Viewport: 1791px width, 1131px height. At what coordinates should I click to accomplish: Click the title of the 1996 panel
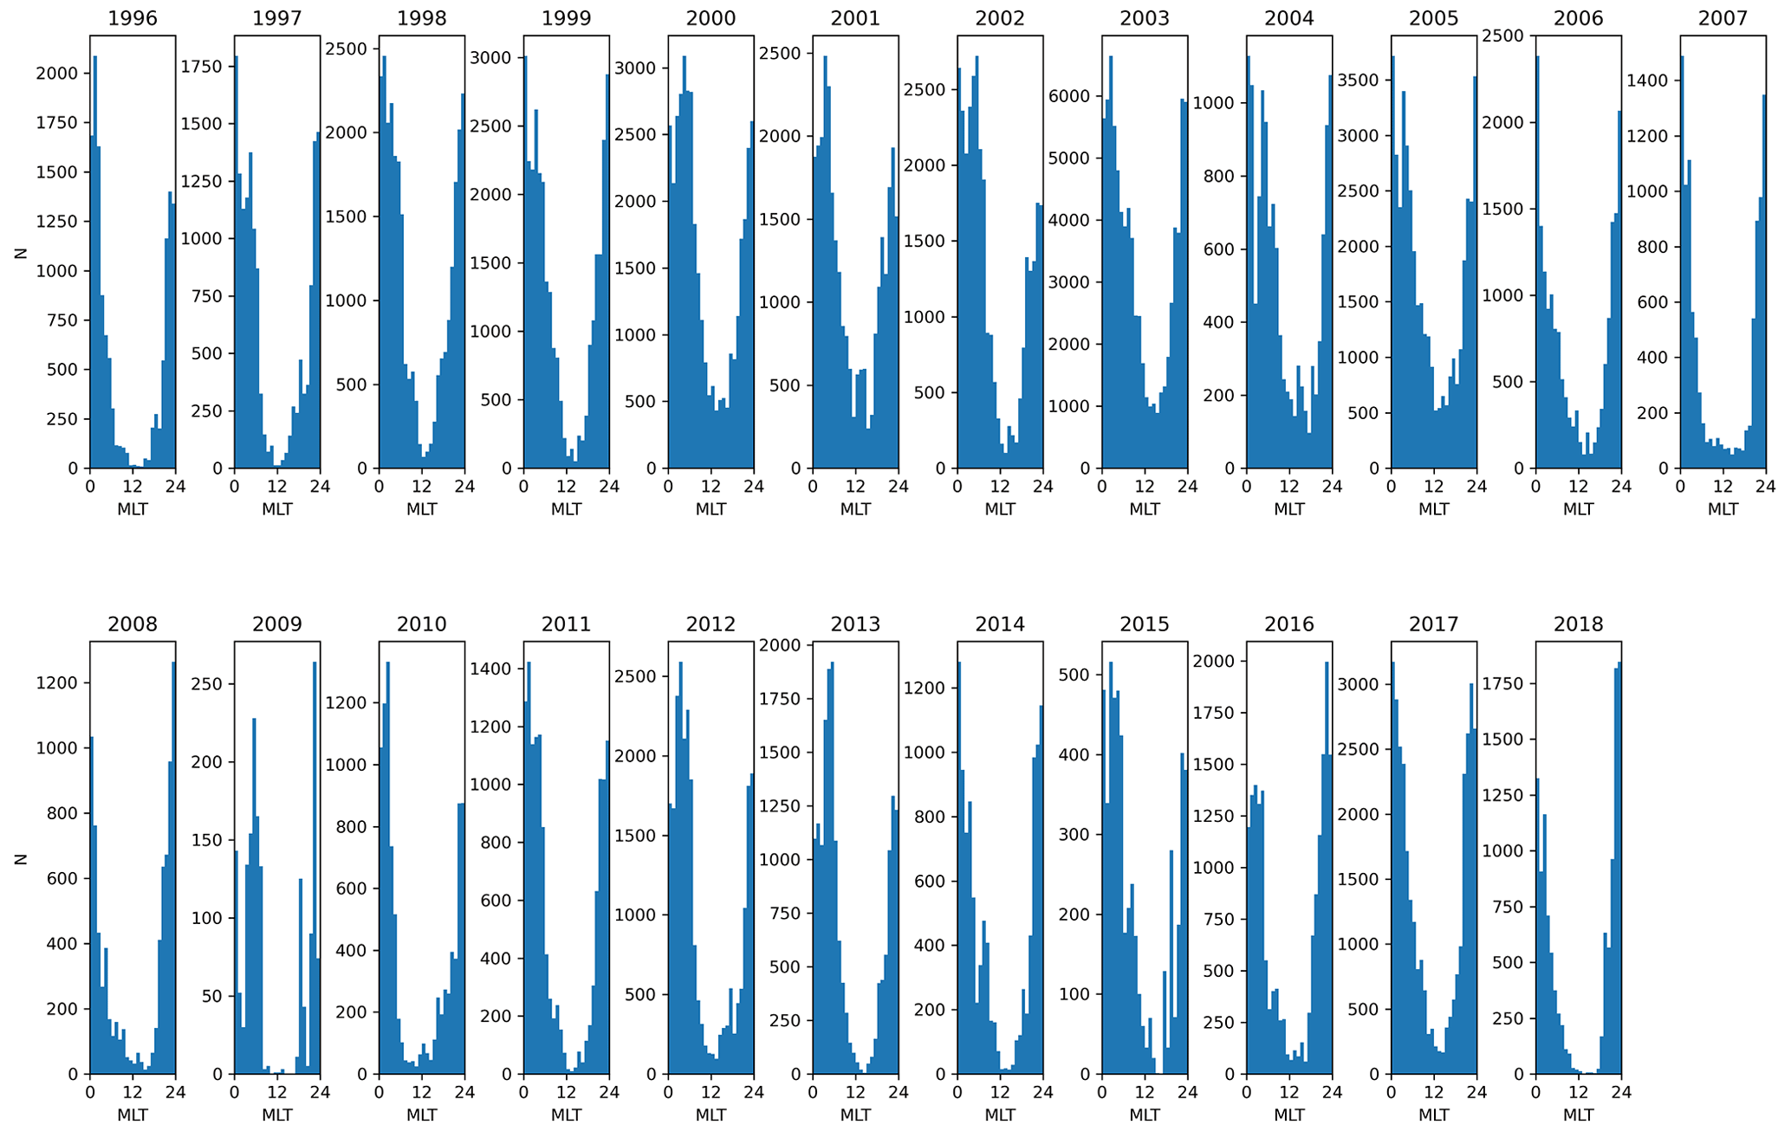[133, 19]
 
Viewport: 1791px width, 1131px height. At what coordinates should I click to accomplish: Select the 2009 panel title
[277, 624]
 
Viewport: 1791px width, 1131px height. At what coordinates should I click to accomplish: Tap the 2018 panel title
[1579, 624]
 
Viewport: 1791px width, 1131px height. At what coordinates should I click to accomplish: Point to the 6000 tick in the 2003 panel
[1075, 96]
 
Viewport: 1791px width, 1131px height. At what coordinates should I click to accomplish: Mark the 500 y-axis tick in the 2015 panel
[1079, 675]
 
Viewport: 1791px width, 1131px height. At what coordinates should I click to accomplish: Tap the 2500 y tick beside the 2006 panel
[1509, 36]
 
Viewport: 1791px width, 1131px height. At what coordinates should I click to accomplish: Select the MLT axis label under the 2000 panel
[711, 509]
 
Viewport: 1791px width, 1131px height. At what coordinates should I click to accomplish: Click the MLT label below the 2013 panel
[856, 1115]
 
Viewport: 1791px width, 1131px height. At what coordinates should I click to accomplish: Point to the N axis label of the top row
[21, 253]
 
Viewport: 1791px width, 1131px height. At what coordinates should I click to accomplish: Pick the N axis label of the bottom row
[21, 859]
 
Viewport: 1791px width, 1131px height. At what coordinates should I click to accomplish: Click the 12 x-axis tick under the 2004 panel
[1289, 487]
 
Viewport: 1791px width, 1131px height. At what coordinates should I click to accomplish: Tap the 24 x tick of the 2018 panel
[1620, 1093]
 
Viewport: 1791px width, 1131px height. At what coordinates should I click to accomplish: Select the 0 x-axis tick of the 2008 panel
[90, 1093]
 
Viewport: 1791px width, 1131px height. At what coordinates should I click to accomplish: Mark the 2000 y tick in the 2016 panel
[1220, 662]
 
